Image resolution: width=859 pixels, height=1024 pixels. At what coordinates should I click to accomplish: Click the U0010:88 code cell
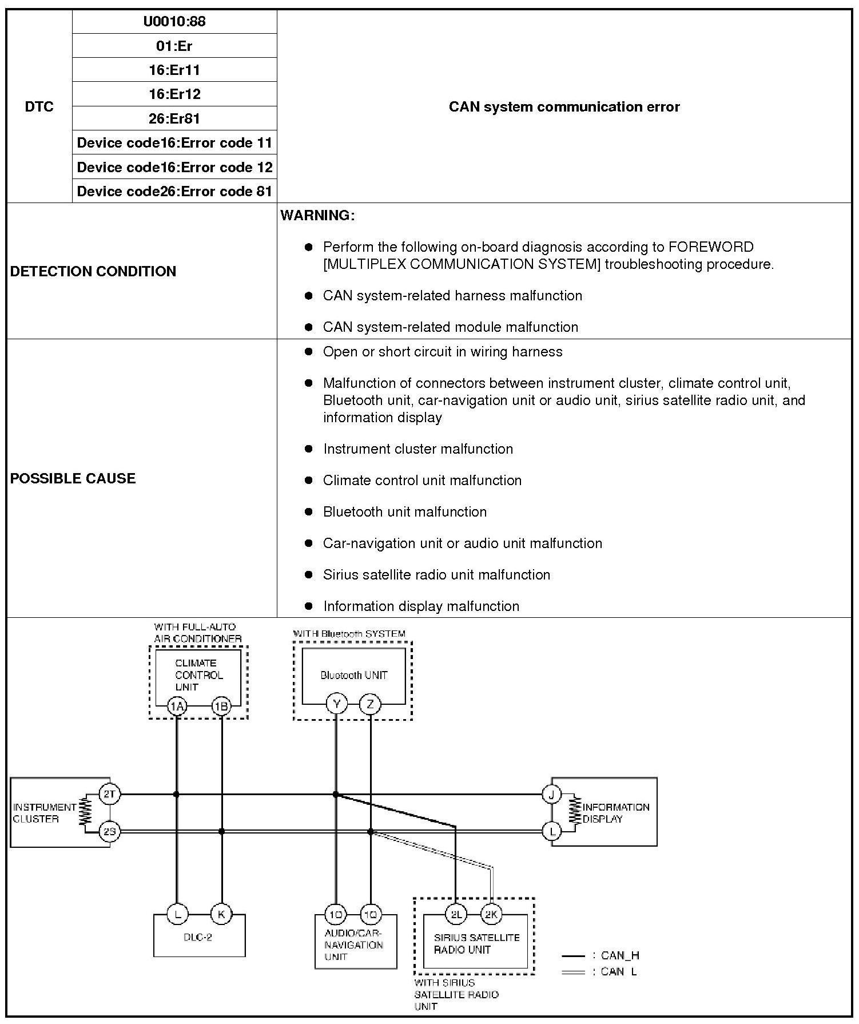click(174, 22)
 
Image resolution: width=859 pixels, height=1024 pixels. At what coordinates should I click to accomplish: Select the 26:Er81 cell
click(174, 118)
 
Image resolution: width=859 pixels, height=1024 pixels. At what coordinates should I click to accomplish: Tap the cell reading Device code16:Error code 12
click(174, 167)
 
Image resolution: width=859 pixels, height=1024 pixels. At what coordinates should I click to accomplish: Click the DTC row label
click(39, 106)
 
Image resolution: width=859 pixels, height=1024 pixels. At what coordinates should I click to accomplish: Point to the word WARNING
click(317, 216)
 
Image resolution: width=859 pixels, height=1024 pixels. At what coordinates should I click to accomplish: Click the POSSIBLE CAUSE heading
click(73, 478)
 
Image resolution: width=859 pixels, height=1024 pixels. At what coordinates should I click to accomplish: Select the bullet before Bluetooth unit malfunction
click(309, 511)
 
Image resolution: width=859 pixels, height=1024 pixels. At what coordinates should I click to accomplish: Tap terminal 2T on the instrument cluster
click(109, 793)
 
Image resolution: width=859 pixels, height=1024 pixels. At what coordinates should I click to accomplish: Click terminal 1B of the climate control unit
click(221, 707)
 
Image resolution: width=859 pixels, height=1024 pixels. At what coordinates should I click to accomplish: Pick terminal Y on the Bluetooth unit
click(336, 704)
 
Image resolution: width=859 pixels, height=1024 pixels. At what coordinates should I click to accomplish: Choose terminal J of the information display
click(551, 794)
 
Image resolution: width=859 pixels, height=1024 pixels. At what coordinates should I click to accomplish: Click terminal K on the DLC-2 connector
click(221, 914)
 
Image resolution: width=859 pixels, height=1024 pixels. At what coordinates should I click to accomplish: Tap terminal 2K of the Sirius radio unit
click(491, 914)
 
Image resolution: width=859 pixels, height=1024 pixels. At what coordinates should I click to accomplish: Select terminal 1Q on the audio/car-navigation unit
click(371, 915)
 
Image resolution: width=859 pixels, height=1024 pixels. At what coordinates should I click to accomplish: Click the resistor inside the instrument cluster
click(86, 812)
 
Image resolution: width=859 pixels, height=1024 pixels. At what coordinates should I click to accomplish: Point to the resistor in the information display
click(574, 812)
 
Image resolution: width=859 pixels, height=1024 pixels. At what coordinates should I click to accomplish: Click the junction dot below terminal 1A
click(177, 794)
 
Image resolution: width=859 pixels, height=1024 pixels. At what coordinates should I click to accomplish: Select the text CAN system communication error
click(564, 106)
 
